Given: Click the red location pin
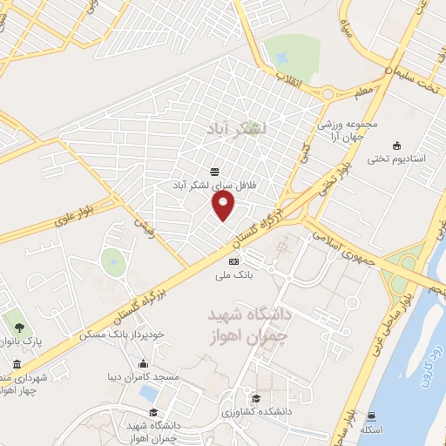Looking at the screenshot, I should [224, 206].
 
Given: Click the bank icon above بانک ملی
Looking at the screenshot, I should [233, 261].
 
